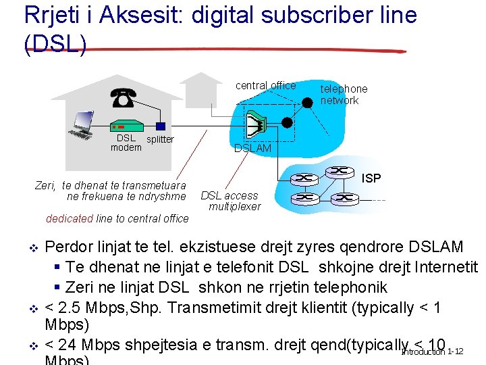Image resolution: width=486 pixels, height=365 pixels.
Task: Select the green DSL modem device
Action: coord(126,126)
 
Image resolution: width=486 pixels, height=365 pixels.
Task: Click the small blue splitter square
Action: coord(160,126)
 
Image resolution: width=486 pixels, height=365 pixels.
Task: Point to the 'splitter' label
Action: coord(160,139)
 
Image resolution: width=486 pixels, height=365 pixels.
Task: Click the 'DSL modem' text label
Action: coord(126,143)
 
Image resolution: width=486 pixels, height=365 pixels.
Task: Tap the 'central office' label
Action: coord(265,85)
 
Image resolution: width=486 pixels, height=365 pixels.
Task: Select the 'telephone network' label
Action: coord(343,95)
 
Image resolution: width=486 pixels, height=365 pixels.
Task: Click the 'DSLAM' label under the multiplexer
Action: coord(252,148)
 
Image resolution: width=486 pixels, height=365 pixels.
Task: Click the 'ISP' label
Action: coord(371,178)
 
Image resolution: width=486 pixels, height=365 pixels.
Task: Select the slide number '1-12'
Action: coord(454,351)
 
